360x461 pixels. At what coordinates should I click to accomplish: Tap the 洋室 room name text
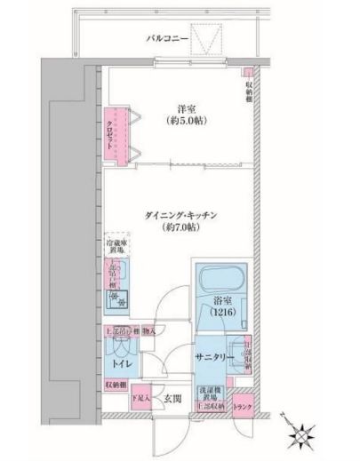click(x=186, y=110)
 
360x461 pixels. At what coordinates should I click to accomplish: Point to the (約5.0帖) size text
click(x=186, y=123)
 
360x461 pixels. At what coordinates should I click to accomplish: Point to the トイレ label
click(x=117, y=363)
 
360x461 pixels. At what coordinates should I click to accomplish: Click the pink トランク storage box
click(x=243, y=407)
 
